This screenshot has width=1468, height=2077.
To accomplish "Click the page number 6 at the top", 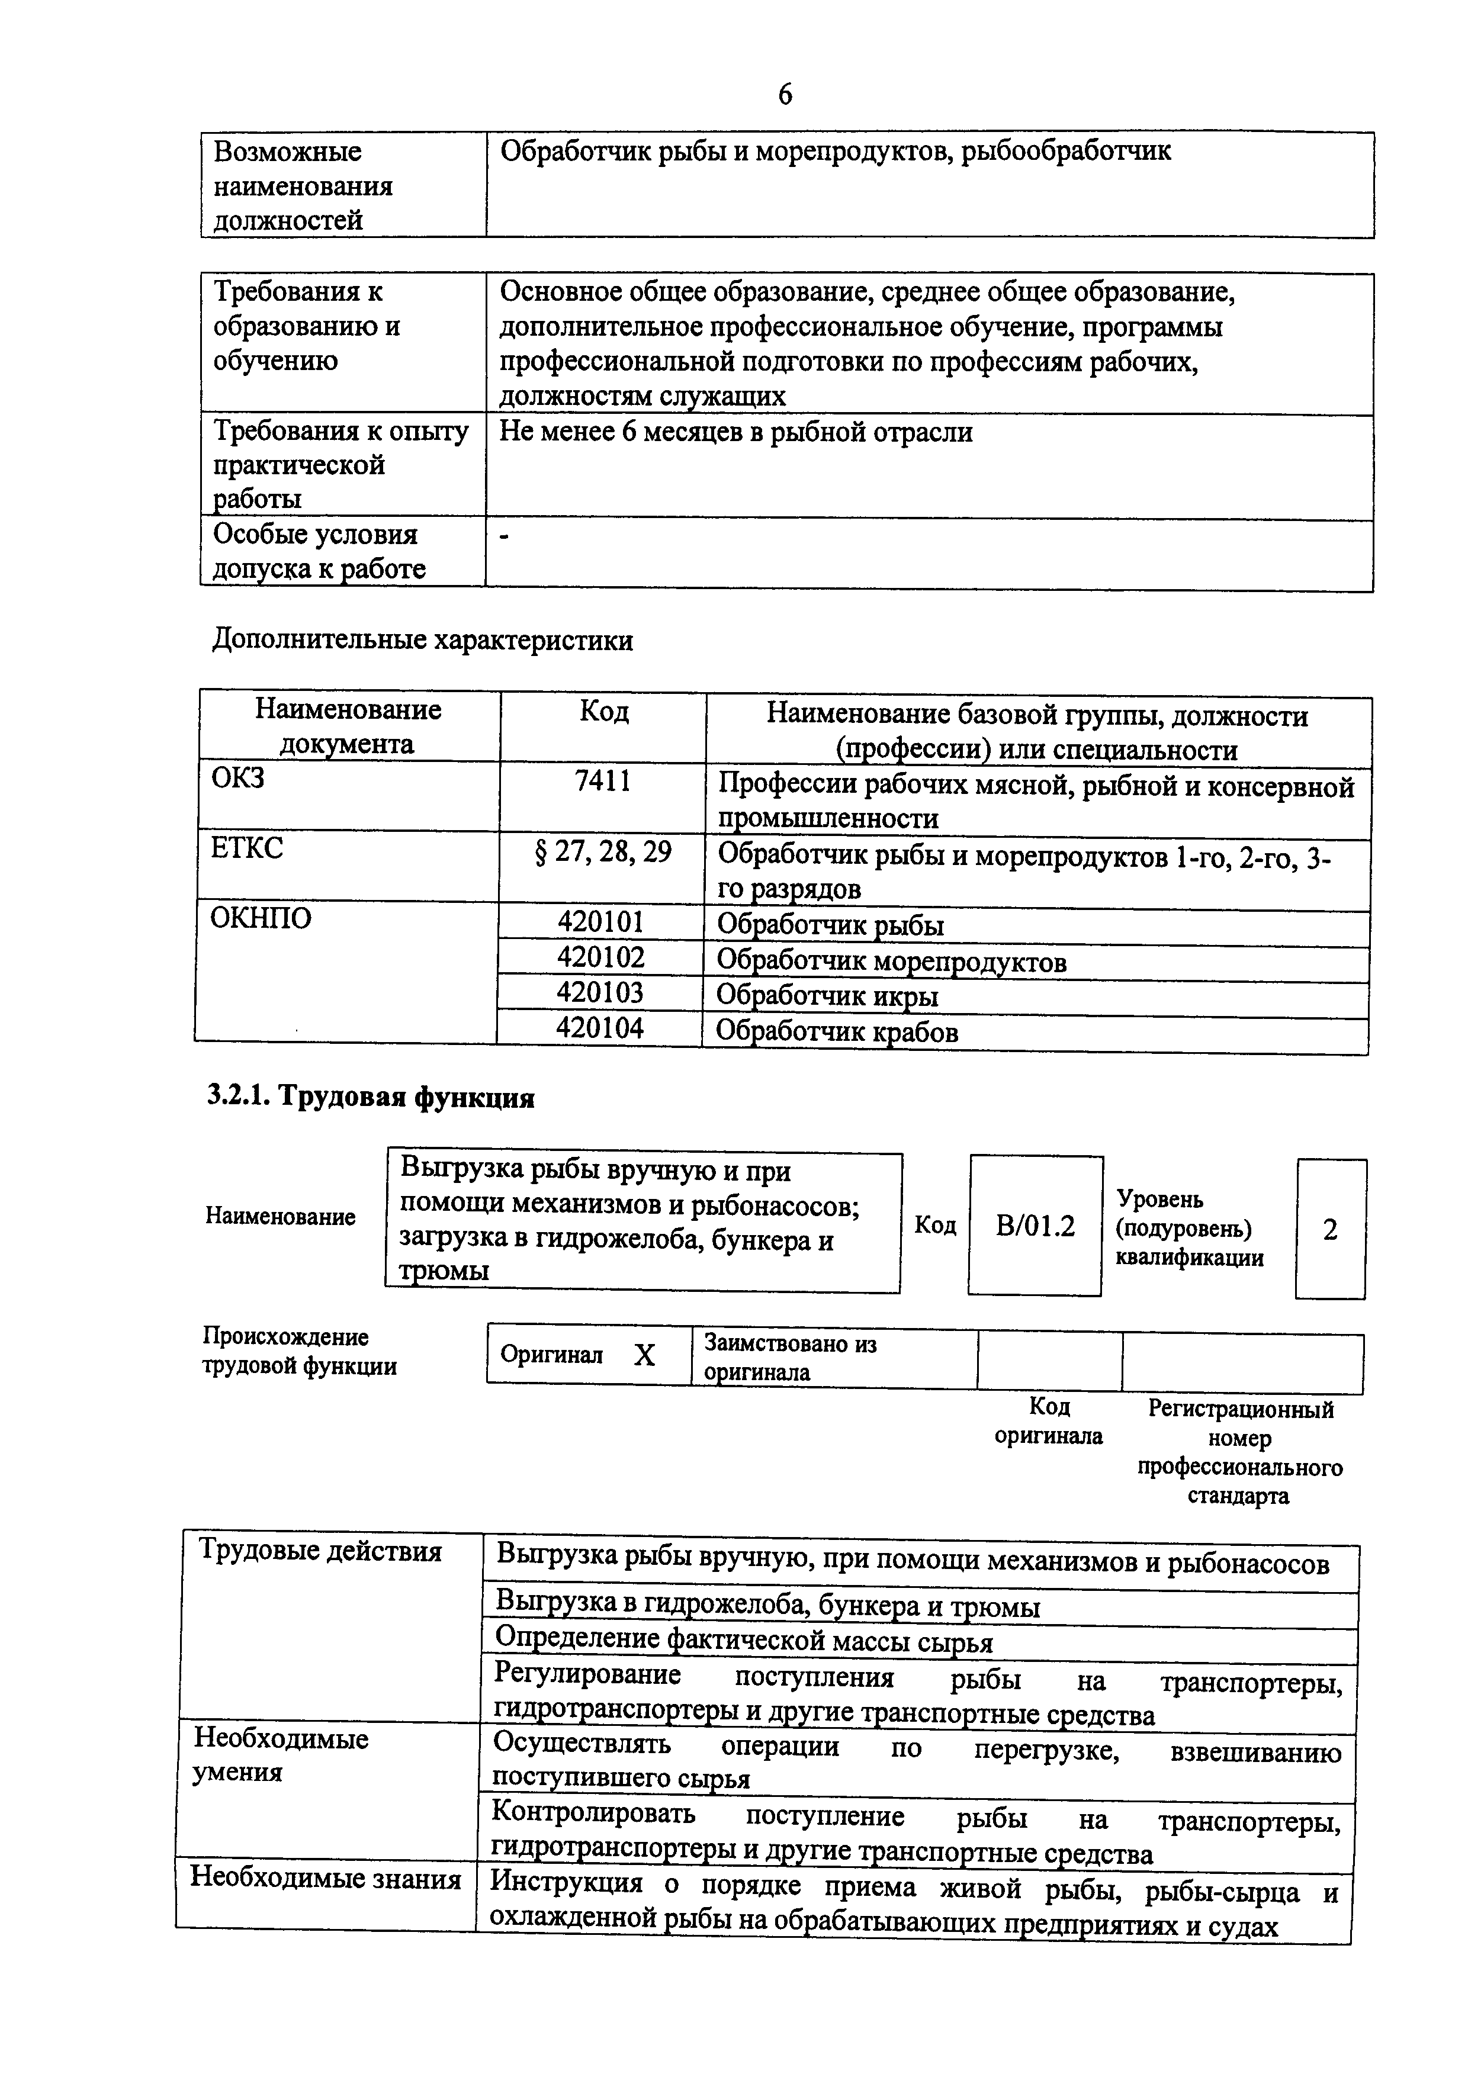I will click(784, 94).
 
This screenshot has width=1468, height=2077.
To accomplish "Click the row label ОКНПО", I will click(261, 918).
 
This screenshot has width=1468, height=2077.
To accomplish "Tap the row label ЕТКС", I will click(246, 848).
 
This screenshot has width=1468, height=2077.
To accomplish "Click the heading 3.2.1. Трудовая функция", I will click(371, 1097).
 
